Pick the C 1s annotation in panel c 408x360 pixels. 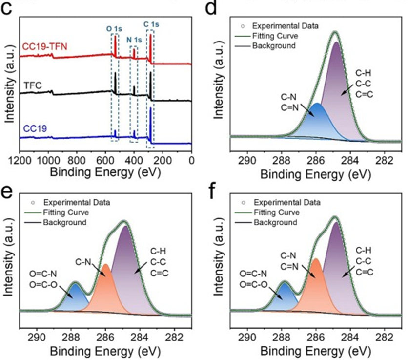[x=151, y=23]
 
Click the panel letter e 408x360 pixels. [x=7, y=192]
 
